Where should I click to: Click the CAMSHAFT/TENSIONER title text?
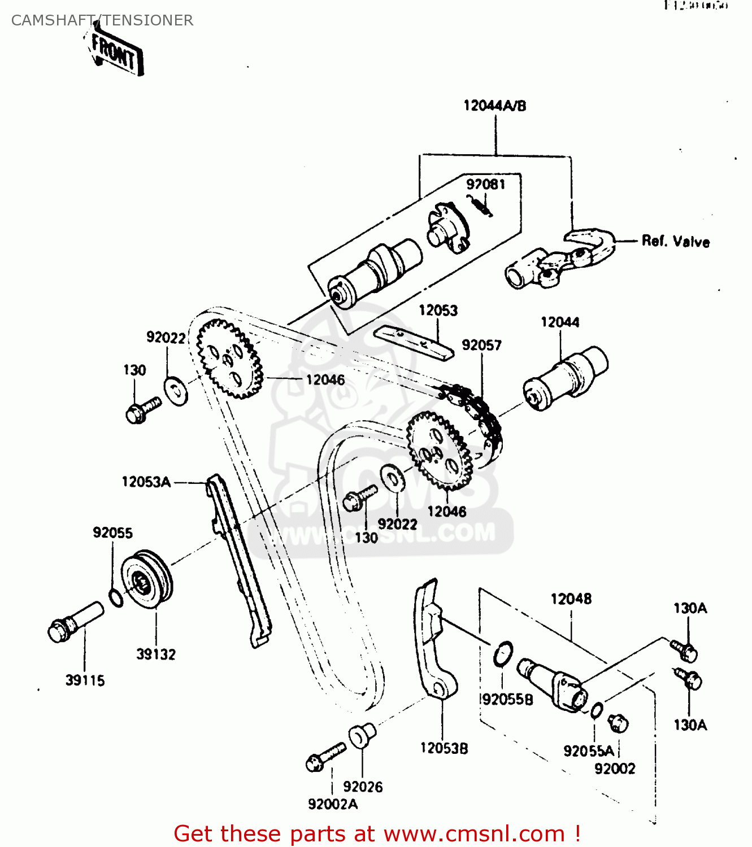[x=102, y=20]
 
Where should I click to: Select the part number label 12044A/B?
[x=494, y=106]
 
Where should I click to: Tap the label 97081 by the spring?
[x=485, y=184]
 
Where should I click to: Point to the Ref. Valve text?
[x=675, y=242]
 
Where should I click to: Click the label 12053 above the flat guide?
[x=438, y=311]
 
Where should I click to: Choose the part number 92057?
[x=481, y=345]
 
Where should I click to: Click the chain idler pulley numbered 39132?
[x=147, y=579]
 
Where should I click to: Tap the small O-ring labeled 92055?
[x=115, y=597]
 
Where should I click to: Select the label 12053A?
[x=146, y=482]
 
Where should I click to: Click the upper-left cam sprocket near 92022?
[x=229, y=359]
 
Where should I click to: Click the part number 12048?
[x=571, y=599]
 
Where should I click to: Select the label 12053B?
[x=444, y=748]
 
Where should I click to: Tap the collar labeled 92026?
[x=361, y=736]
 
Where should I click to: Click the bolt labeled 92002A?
[x=325, y=757]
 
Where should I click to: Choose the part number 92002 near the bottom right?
[x=615, y=769]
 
